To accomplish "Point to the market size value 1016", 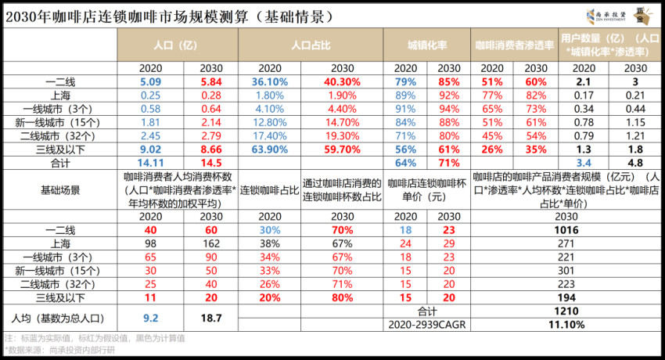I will click(x=566, y=230).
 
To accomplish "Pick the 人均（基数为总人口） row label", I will click(x=59, y=319).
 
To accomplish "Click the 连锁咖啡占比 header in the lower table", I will click(x=269, y=189).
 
